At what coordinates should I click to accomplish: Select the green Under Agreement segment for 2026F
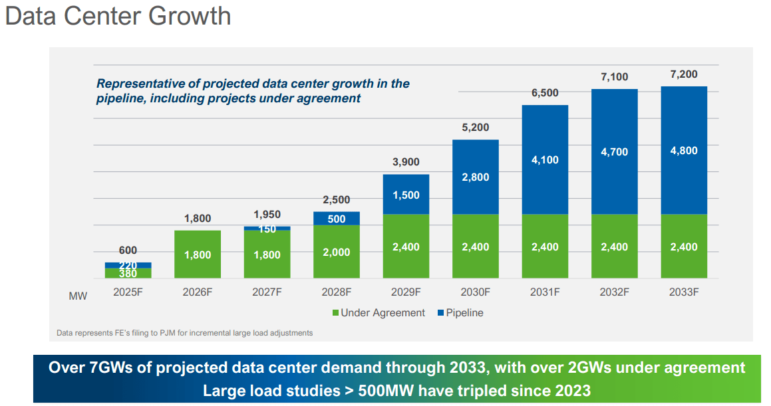coord(198,255)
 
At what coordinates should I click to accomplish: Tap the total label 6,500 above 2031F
coord(545,93)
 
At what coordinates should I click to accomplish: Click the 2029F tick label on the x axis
coord(406,292)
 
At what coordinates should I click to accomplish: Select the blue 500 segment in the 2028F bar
coord(337,219)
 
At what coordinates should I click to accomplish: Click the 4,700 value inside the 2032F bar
coord(615,152)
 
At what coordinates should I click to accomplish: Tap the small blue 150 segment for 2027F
coord(267,229)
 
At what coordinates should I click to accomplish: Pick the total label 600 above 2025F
coord(128,251)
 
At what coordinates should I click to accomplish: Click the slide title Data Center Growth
coord(118,16)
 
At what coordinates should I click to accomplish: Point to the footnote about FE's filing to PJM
coord(185,332)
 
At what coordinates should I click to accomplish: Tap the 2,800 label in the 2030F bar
coord(476,177)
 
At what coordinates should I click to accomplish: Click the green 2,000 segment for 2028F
coord(337,253)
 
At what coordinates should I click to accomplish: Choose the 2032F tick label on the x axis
coord(615,292)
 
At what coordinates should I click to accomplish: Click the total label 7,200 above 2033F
coord(684,74)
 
